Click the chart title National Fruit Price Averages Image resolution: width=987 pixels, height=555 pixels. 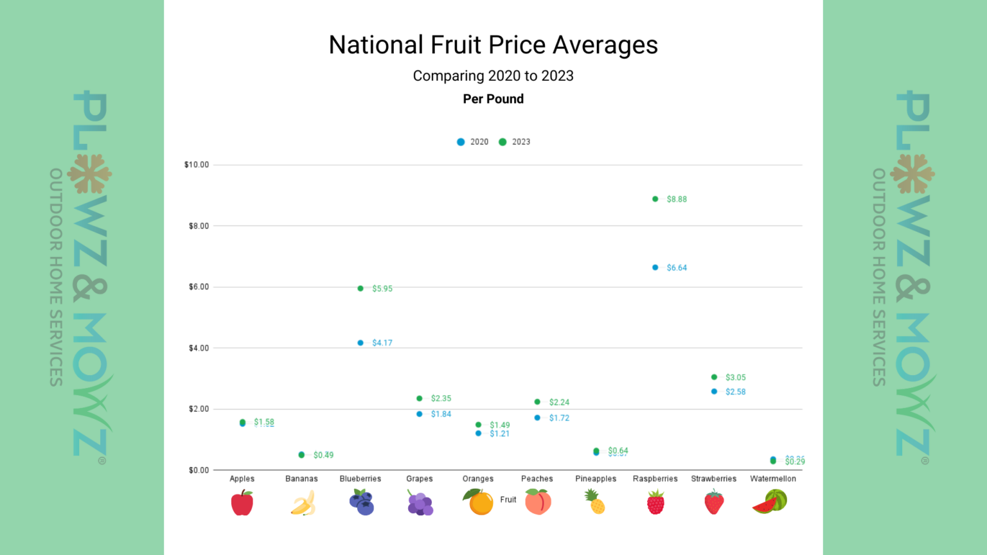point(493,45)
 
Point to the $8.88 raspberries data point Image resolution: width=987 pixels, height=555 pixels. point(655,199)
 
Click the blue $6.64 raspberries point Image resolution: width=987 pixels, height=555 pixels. point(655,267)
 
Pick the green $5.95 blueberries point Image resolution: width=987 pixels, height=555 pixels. point(360,288)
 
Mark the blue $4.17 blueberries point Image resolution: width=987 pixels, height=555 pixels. point(360,343)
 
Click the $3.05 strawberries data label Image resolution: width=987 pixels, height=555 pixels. point(735,378)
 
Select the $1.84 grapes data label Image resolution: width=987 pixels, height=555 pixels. point(441,414)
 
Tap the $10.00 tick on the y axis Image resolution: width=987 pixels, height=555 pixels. point(197,165)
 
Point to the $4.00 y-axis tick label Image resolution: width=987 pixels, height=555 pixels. point(199,348)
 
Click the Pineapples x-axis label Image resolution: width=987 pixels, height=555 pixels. point(596,479)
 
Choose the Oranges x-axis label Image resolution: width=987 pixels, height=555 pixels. point(478,479)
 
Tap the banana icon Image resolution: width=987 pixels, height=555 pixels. point(303,503)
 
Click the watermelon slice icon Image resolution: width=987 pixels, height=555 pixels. point(770,502)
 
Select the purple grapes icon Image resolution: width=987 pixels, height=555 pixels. point(420,503)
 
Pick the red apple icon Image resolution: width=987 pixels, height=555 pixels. point(242,503)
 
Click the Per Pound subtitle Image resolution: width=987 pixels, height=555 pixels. point(493,99)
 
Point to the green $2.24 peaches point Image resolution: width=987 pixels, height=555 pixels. point(537,402)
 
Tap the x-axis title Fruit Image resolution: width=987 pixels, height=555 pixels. point(508,500)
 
